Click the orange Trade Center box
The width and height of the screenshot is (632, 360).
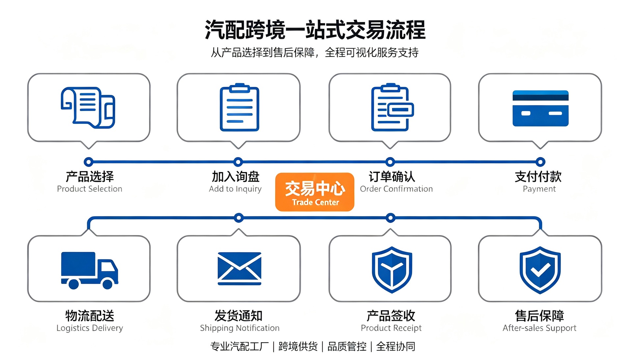click(315, 192)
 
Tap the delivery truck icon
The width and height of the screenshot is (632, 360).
click(90, 270)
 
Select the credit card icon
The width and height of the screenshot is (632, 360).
click(540, 108)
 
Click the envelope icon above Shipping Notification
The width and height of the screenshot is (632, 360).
click(239, 268)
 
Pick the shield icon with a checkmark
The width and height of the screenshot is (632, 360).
click(540, 270)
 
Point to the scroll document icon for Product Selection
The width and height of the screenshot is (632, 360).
click(88, 107)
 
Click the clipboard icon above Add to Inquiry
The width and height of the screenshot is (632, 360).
click(239, 107)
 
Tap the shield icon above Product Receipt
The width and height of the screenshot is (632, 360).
click(392, 270)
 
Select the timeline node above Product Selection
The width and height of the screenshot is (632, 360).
click(88, 162)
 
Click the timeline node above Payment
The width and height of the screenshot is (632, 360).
click(540, 162)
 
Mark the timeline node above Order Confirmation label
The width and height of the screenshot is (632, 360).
click(390, 162)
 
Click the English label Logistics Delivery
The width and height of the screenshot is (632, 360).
click(90, 328)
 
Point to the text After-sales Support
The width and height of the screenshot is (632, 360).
click(540, 328)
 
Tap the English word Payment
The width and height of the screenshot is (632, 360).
click(539, 189)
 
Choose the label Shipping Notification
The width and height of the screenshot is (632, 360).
click(240, 328)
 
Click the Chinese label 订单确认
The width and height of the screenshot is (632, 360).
click(392, 177)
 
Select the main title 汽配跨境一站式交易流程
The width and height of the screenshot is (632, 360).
click(315, 30)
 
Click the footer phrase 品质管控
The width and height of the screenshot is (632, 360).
click(347, 346)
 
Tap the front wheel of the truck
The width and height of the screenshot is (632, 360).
click(107, 284)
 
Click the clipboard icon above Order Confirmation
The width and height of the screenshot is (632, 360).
click(392, 107)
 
